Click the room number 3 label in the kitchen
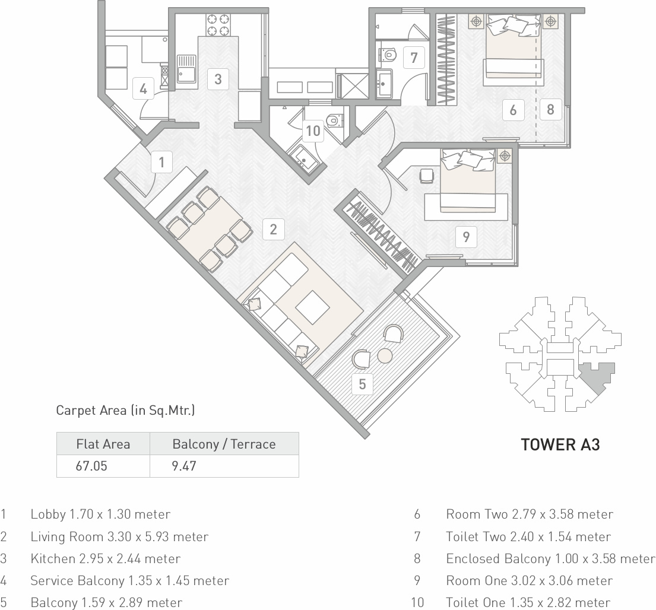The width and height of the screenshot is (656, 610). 218,79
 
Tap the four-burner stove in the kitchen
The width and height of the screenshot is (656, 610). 218,25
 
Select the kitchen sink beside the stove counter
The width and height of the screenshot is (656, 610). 186,69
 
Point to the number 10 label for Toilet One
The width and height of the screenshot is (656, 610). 313,131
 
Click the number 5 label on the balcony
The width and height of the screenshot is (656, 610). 362,384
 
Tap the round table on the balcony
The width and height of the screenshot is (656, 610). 385,356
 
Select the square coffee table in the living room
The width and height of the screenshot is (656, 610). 312,307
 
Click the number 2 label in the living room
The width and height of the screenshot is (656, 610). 273,229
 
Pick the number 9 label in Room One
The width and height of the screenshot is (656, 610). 466,237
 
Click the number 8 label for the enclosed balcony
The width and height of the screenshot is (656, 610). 550,110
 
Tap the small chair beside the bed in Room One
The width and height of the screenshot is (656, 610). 426,176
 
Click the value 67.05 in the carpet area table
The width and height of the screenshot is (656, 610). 91,466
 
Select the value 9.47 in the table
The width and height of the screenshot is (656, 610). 183,466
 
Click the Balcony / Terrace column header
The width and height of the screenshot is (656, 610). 224,444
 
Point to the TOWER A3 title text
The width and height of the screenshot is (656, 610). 560,444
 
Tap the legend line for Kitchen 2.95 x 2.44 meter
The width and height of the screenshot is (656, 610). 106,558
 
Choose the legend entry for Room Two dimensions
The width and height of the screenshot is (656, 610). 530,514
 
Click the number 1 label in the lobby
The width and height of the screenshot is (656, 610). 161,162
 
